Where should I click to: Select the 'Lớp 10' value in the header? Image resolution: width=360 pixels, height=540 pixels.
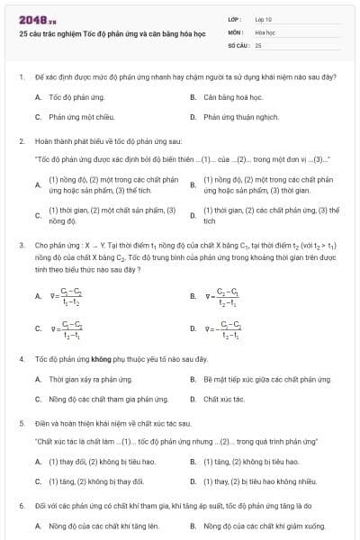click(264, 19)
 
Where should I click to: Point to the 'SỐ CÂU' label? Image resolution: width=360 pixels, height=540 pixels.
click(237, 44)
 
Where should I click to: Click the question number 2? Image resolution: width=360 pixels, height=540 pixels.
click(21, 141)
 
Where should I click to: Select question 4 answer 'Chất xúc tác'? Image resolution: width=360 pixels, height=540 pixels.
click(222, 399)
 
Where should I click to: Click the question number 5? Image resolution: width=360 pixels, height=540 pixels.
click(21, 422)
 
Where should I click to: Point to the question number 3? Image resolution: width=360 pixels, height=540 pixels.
click(21, 244)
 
